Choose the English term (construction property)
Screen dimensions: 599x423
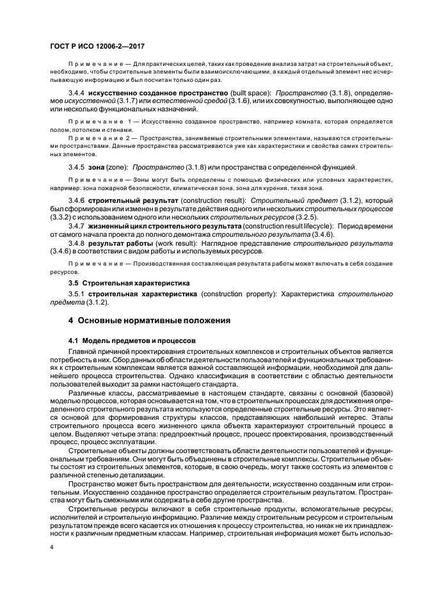pyautogui.click(x=234, y=293)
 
